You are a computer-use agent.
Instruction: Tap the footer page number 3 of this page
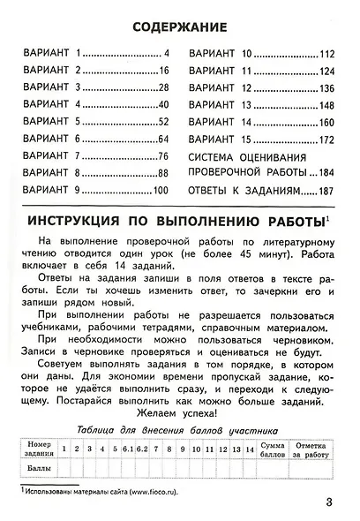point(327,503)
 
